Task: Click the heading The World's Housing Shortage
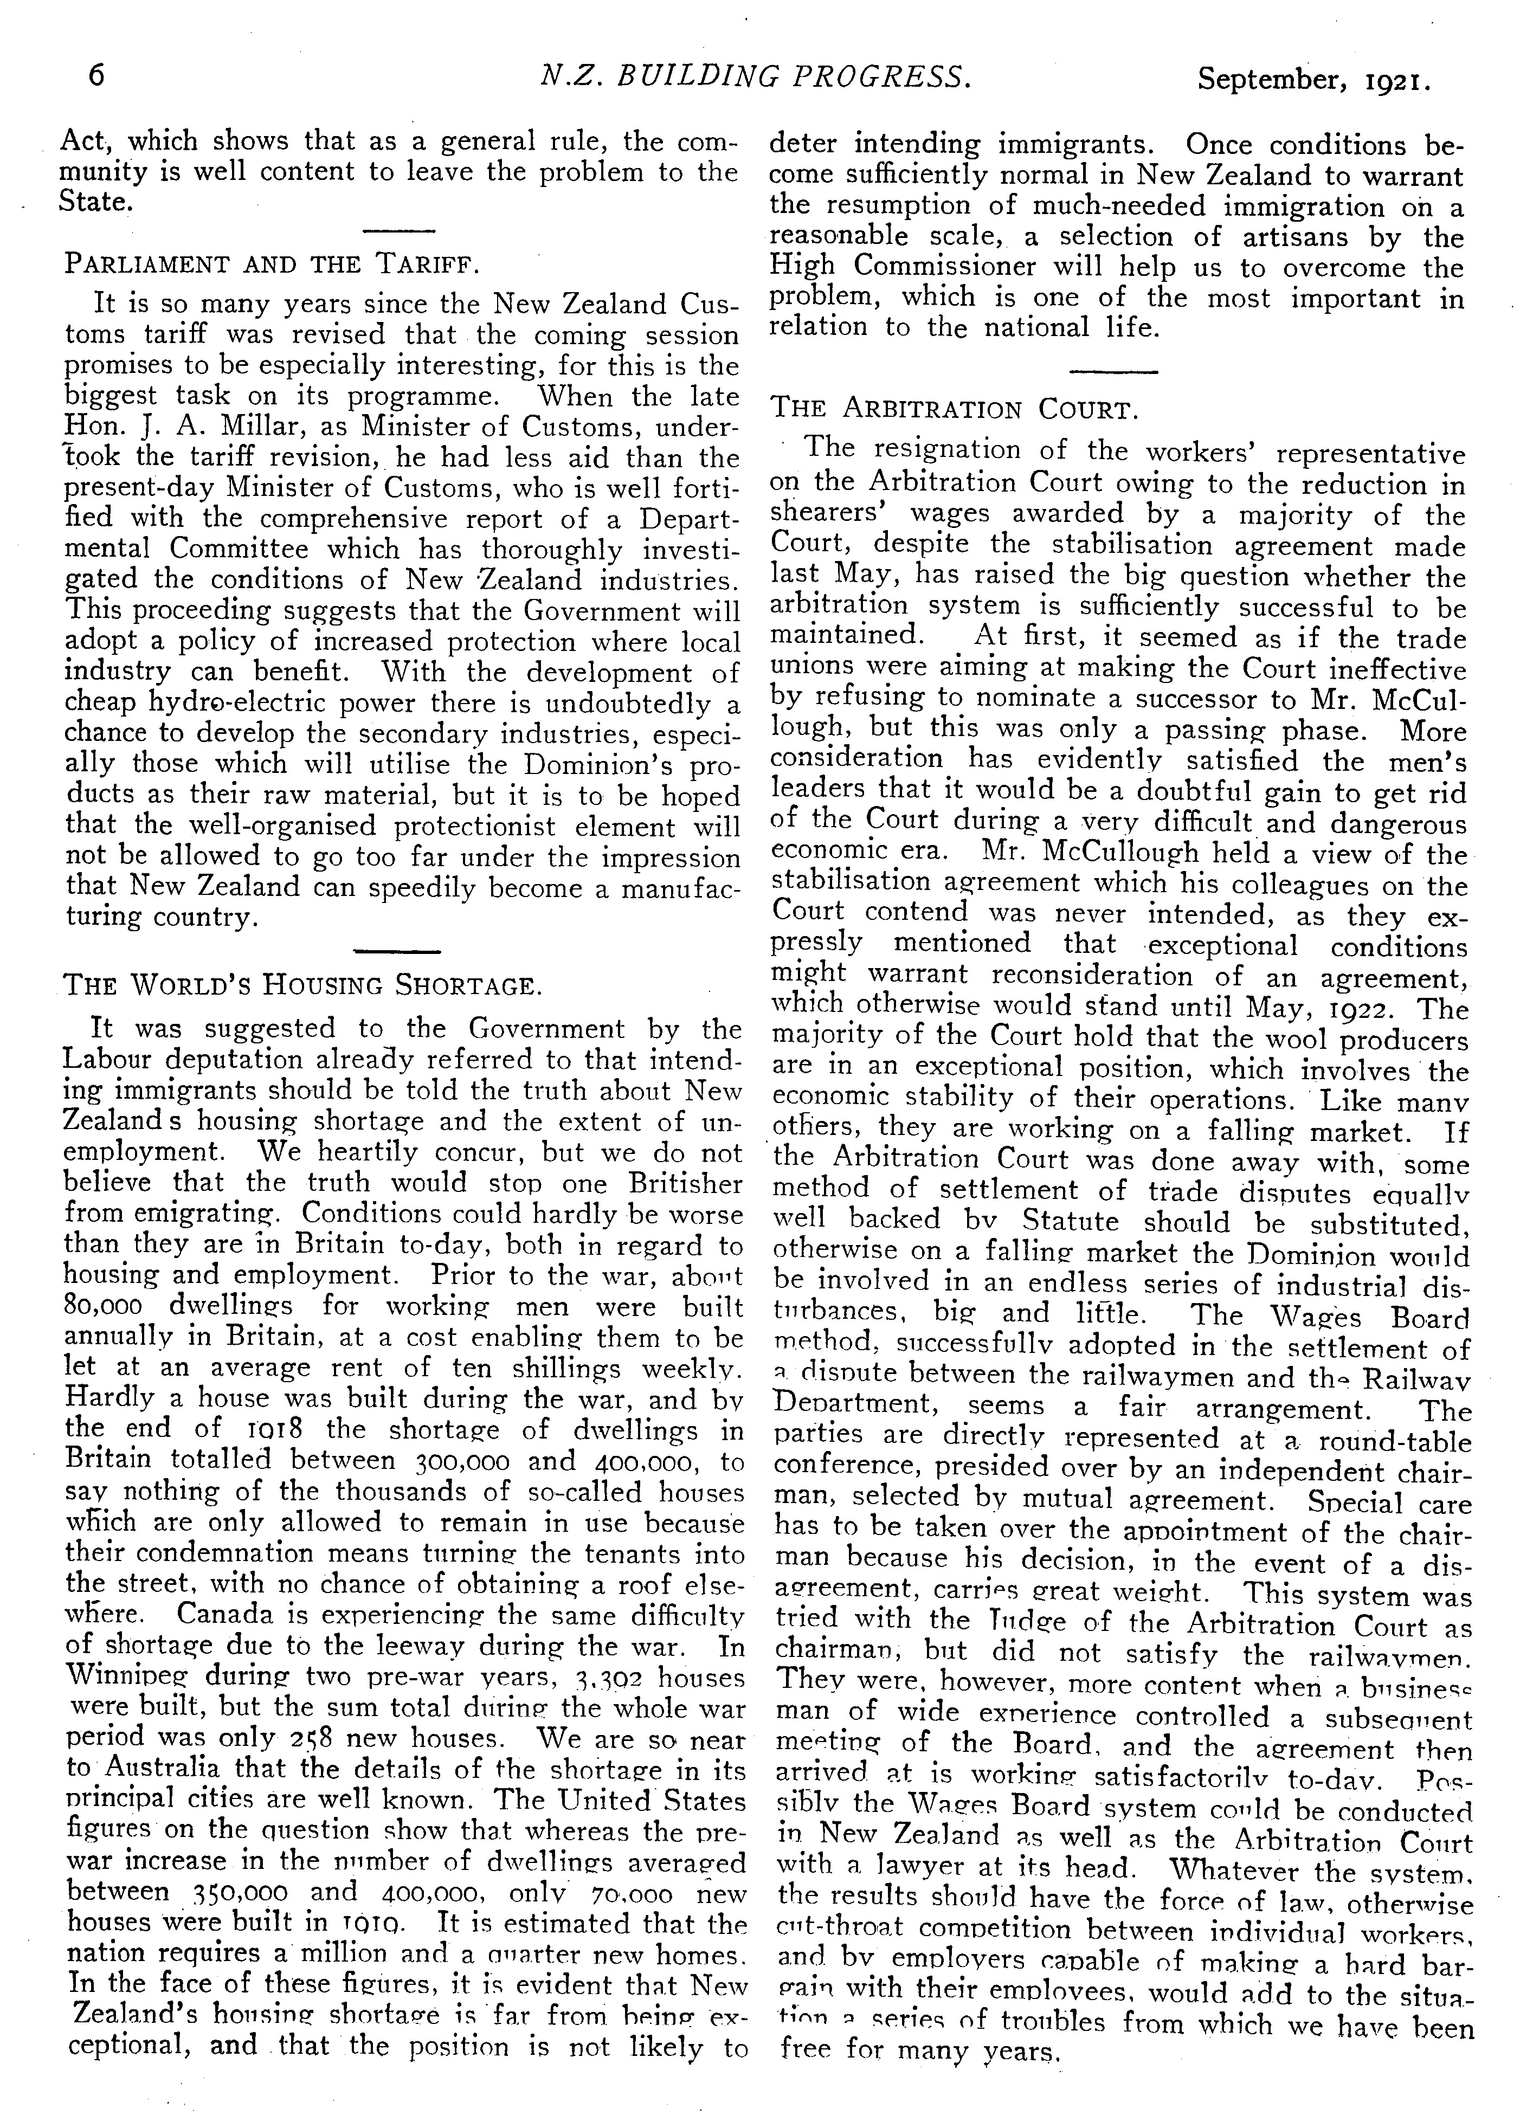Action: (301, 985)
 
